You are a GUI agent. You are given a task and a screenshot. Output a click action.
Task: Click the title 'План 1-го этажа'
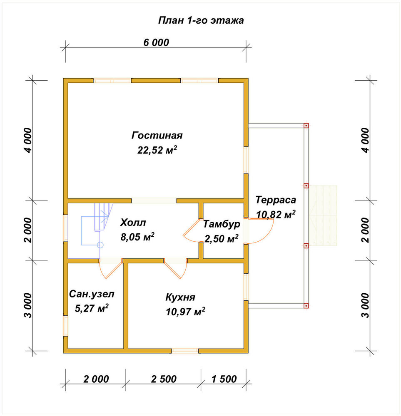pyautogui.click(x=201, y=20)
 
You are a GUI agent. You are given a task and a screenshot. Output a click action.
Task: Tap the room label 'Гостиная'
pyautogui.click(x=157, y=135)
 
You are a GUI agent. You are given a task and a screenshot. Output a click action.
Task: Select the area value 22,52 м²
pyautogui.click(x=157, y=150)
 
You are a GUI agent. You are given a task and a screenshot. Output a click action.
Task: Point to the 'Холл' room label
pyautogui.click(x=133, y=222)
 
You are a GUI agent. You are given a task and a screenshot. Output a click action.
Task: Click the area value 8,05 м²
pyautogui.click(x=137, y=237)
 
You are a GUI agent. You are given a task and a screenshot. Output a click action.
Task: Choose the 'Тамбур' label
pyautogui.click(x=222, y=224)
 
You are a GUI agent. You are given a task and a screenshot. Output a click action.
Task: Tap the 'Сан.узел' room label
pyautogui.click(x=92, y=294)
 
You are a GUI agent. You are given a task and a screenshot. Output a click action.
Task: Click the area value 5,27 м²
pyautogui.click(x=92, y=308)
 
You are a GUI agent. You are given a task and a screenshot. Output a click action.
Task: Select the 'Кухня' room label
pyautogui.click(x=180, y=297)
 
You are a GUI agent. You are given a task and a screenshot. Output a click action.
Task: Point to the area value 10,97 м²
pyautogui.click(x=185, y=312)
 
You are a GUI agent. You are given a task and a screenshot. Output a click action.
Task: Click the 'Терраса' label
pyautogui.click(x=276, y=200)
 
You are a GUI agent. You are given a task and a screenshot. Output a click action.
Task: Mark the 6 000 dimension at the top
pyautogui.click(x=156, y=42)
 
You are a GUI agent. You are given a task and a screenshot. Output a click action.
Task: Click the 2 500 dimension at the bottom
pyautogui.click(x=164, y=379)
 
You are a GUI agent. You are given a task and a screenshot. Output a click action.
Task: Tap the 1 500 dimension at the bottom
pyautogui.click(x=224, y=379)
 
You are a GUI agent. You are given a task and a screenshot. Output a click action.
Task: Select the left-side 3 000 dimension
pyautogui.click(x=28, y=305)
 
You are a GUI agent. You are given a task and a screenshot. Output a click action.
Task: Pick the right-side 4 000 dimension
pyautogui.click(x=366, y=140)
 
